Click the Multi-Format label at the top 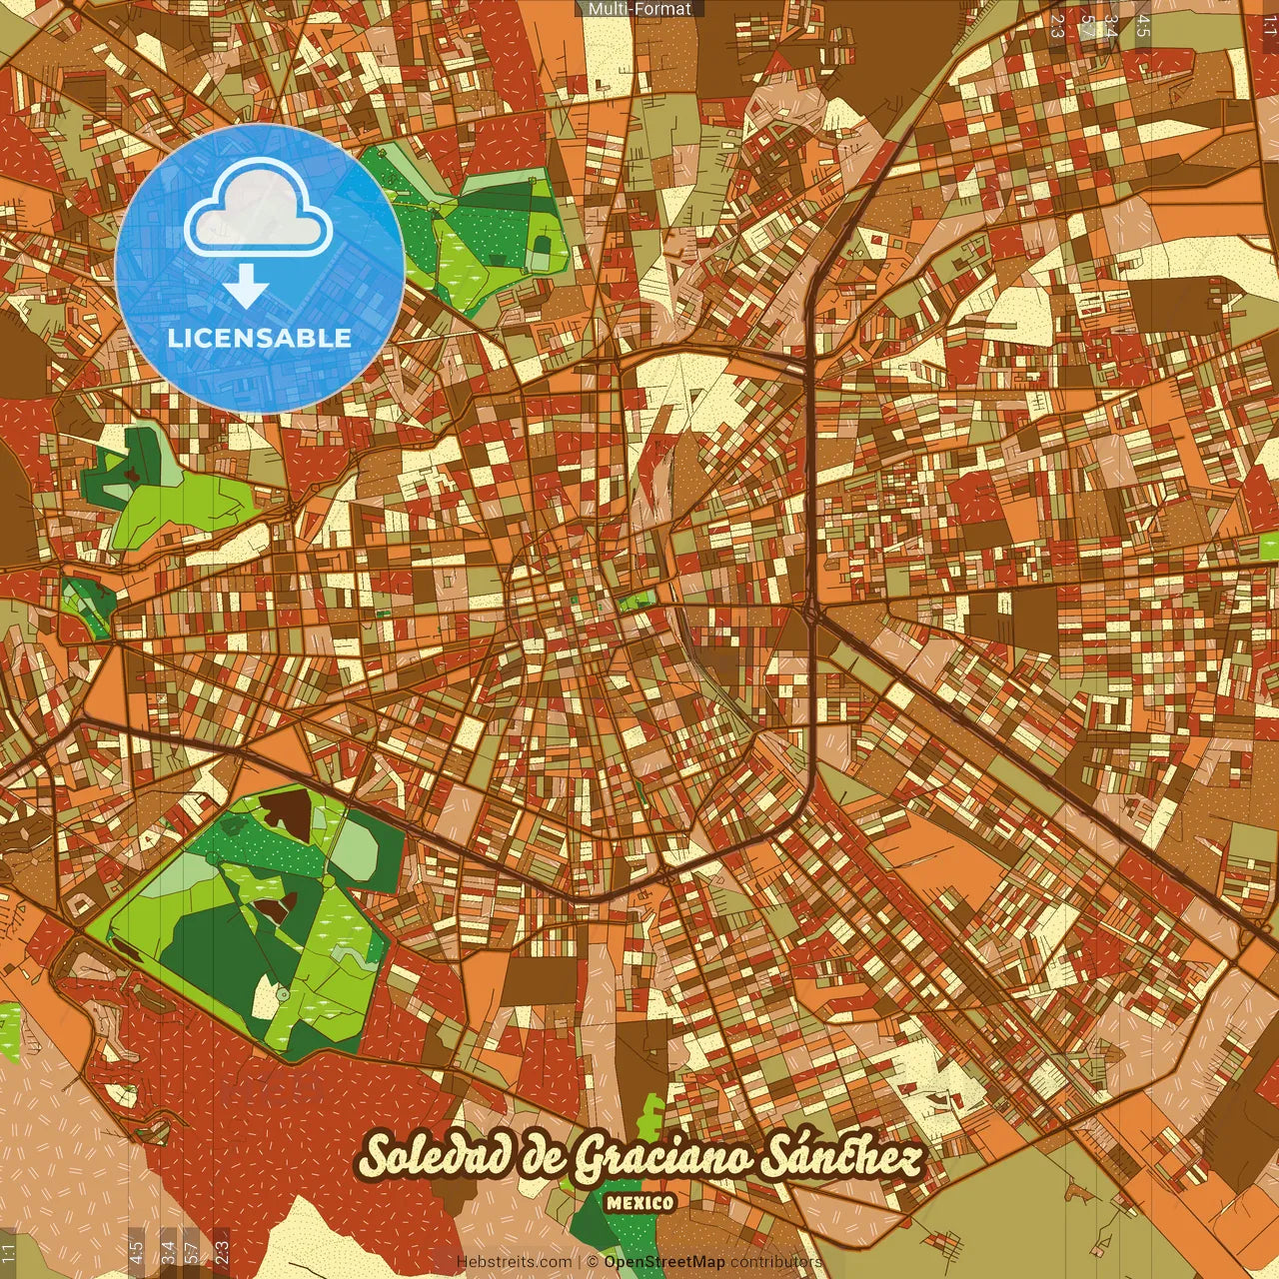click(639, 9)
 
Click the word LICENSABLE click(260, 338)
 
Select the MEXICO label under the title click(639, 1203)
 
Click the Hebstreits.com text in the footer click(514, 1262)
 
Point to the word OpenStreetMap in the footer click(664, 1262)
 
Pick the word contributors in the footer click(776, 1262)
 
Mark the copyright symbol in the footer click(593, 1262)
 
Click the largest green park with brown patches click(250, 919)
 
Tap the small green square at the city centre click(636, 600)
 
